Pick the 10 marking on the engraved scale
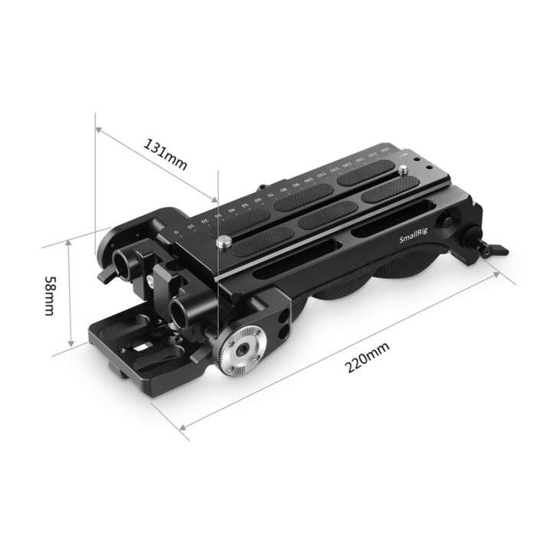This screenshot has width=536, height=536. click(191, 227)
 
